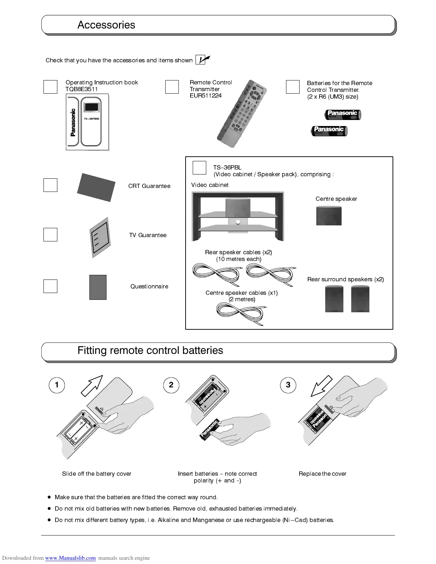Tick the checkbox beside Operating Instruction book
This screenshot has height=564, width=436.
point(50,87)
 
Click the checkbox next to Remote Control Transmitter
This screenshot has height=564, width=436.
point(172,87)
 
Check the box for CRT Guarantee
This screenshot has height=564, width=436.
point(50,185)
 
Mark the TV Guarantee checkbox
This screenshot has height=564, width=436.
point(50,235)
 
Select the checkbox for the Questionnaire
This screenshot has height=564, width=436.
point(50,286)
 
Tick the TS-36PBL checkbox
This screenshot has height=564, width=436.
point(199,168)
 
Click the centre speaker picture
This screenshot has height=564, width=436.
point(329,215)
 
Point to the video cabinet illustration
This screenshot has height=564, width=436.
point(238,216)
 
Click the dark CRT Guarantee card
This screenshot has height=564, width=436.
point(96,187)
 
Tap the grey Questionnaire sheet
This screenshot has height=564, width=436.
point(98,287)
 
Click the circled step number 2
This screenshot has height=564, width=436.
point(171,385)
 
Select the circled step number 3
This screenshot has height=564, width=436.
point(288,385)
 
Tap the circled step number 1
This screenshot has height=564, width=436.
point(57,385)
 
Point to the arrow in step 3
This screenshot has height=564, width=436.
point(321,386)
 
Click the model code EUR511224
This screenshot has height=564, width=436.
point(206,96)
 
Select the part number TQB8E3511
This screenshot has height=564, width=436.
point(82,89)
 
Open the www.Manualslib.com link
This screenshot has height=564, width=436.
point(70,558)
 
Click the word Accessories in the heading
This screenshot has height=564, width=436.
point(106,25)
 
